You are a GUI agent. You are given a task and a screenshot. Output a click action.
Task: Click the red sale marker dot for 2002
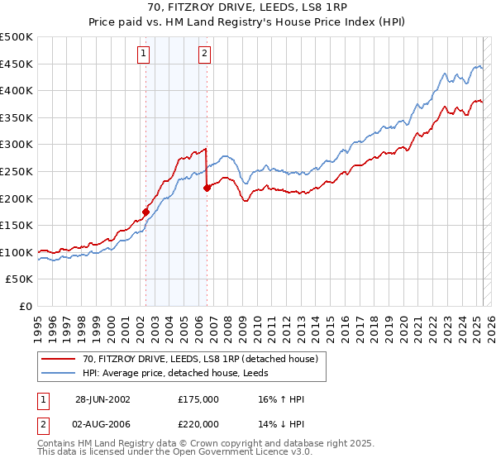coord(146,212)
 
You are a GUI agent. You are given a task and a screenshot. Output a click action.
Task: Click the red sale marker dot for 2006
coord(207,188)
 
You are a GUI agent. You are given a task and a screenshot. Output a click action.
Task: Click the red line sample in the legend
coord(59,358)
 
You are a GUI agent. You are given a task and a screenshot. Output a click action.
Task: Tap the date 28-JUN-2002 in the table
coord(103,399)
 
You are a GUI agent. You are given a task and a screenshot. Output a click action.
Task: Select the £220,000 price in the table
coord(198,424)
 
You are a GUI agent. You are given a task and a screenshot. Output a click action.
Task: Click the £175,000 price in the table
coord(198,399)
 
